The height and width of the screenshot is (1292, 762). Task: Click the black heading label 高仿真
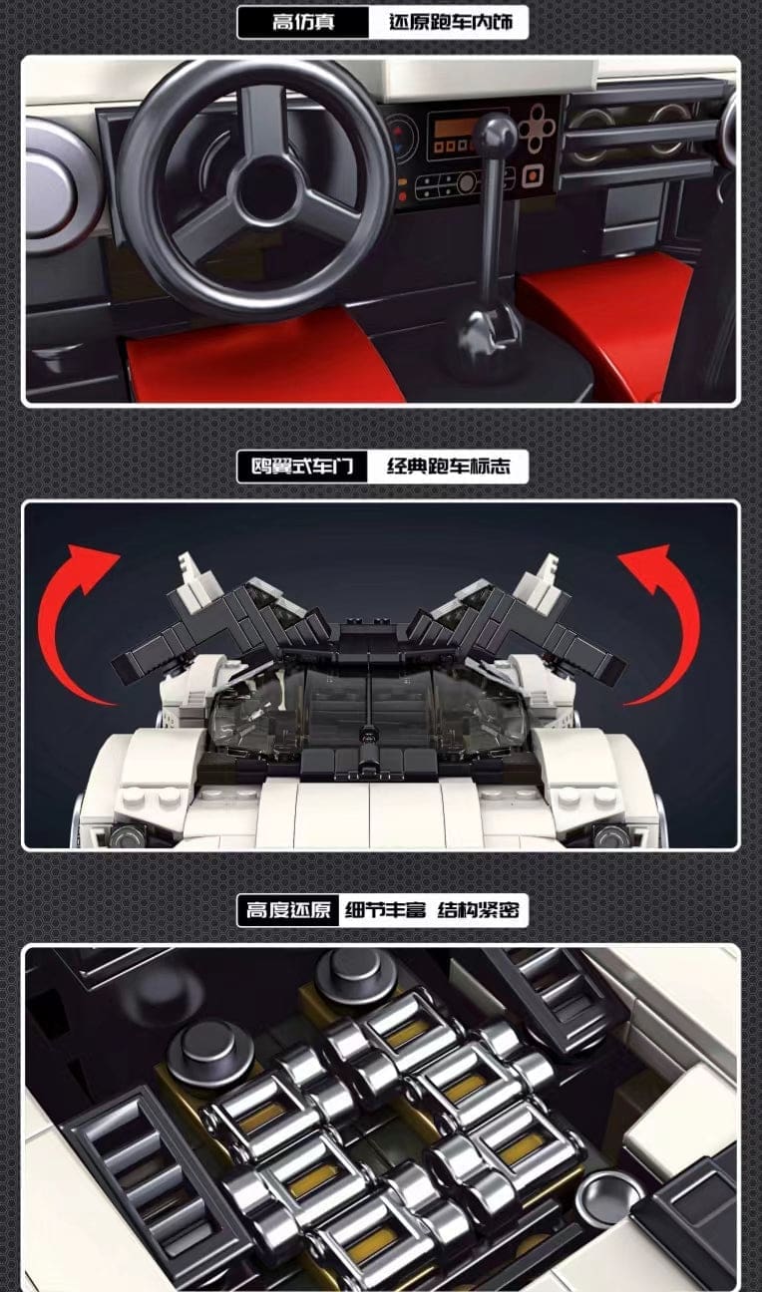tap(303, 23)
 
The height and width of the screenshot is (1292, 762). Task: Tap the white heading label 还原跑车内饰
tap(450, 23)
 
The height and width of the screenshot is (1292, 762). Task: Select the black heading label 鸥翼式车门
tap(302, 466)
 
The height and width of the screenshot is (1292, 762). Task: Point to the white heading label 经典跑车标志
tap(449, 466)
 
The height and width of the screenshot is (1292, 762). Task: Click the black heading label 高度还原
tap(288, 909)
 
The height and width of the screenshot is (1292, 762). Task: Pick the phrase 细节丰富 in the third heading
tap(385, 910)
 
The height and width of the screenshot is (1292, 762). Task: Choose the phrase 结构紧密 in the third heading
tap(478, 910)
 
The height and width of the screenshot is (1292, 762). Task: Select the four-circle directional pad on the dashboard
tap(537, 128)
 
